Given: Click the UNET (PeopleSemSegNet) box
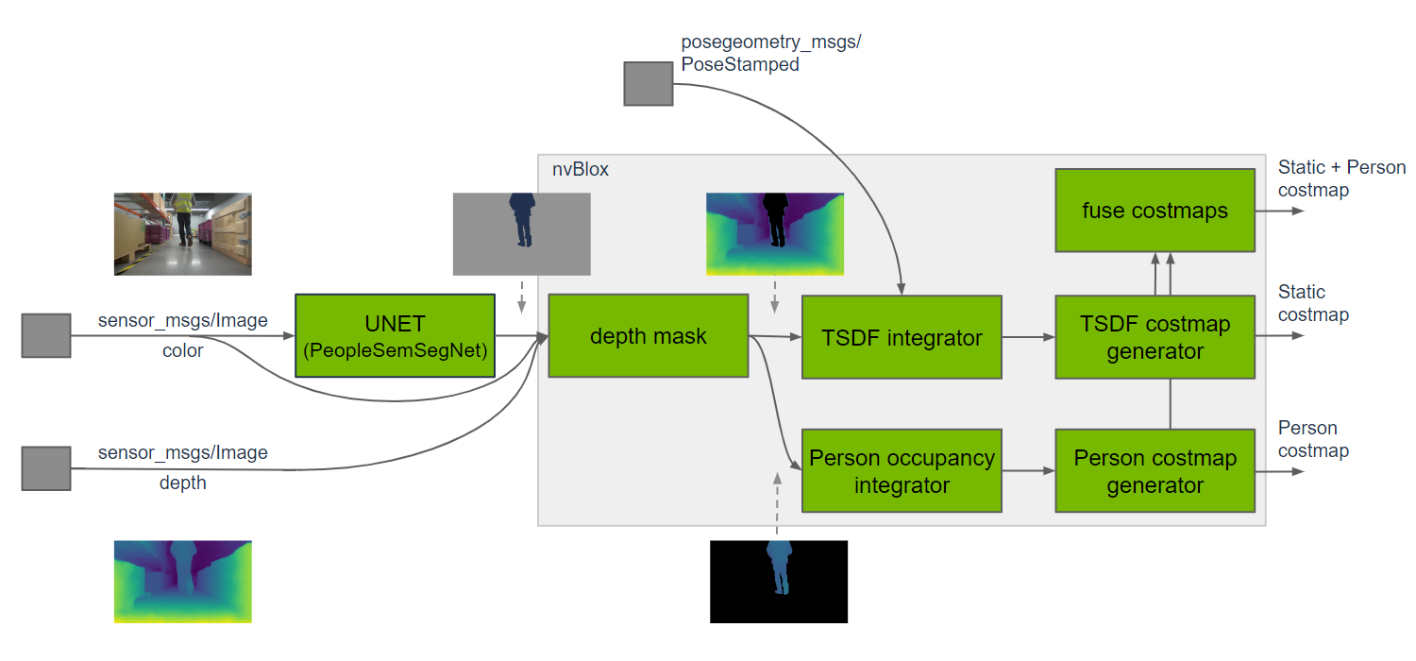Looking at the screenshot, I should (x=395, y=335).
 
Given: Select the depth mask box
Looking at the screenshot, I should (x=648, y=336).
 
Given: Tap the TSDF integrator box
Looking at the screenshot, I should (x=901, y=337).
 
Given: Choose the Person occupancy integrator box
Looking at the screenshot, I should (x=901, y=471).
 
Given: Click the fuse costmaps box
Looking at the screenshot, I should (x=1155, y=210).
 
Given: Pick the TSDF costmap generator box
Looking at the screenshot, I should (x=1155, y=337).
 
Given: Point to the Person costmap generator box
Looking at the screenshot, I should (x=1155, y=471).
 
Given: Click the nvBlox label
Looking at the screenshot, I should (x=581, y=170).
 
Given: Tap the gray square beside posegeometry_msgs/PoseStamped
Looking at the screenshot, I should (x=648, y=82).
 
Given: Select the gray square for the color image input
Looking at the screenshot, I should (x=46, y=336).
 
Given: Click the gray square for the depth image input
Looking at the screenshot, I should (x=46, y=468).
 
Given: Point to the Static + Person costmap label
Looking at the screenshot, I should (x=1341, y=178).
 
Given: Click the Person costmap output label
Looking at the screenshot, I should (x=1313, y=439).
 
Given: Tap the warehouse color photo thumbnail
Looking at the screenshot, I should (x=182, y=233).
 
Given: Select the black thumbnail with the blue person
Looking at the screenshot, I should (x=778, y=581).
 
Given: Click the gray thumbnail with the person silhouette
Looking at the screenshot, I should (x=521, y=233).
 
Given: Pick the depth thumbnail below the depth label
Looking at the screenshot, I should (x=182, y=581).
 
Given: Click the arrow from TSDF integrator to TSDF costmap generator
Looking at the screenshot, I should (x=1028, y=337).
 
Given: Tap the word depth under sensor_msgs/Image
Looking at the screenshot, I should (x=182, y=483).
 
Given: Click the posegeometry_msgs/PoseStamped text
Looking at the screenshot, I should (x=770, y=54).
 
